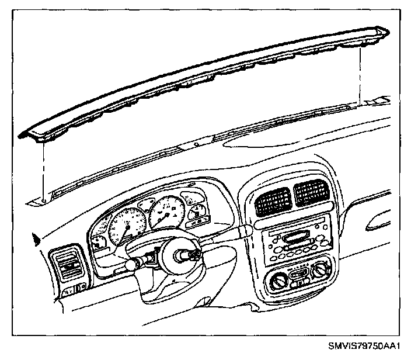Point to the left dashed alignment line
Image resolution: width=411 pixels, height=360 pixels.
coord(44,169)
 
